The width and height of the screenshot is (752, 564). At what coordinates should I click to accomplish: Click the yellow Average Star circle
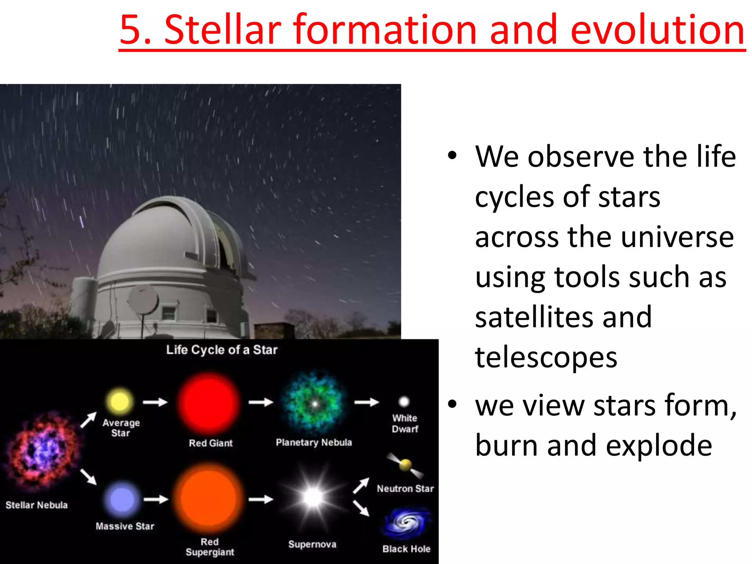119,401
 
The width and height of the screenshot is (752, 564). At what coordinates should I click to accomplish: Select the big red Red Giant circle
209,403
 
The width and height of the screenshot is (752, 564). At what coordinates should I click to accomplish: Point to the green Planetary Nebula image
314,403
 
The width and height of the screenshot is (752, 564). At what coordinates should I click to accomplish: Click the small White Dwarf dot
404,401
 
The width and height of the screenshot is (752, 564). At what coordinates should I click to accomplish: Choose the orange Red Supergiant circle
209,499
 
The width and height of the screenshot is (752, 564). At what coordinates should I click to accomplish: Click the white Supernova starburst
313,498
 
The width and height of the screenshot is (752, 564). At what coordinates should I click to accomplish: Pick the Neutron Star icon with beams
405,465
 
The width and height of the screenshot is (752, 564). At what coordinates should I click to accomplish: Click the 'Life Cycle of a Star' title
222,350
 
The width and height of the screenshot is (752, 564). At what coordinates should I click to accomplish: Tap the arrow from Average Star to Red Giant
155,402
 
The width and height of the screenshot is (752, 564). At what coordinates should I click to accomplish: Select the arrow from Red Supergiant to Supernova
261,499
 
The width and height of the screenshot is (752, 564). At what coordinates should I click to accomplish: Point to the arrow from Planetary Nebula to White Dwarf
366,402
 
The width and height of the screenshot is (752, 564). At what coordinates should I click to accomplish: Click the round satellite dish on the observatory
143,299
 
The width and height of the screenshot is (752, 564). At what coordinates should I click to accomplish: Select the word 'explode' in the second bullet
659,445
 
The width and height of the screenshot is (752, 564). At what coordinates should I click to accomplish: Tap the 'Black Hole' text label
406,549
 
